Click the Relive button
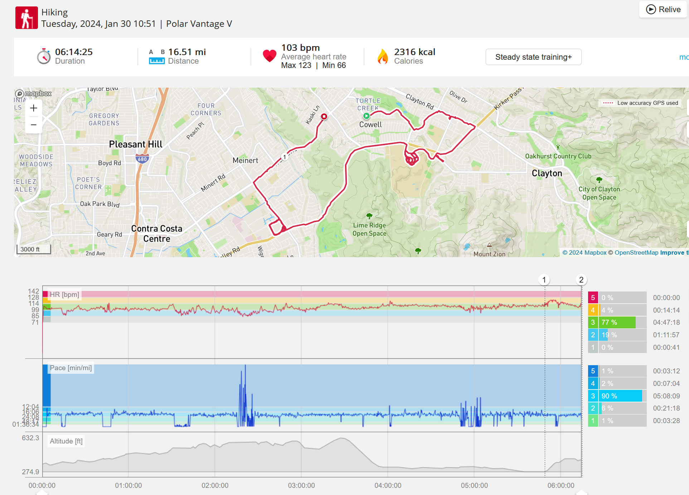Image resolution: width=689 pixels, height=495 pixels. (663, 9)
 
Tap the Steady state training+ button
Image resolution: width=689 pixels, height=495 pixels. (533, 57)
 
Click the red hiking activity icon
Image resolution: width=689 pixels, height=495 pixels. (26, 18)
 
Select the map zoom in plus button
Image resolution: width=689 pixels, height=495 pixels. (34, 108)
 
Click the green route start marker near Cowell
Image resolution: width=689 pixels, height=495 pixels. (367, 116)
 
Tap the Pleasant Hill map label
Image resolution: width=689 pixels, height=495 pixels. (135, 144)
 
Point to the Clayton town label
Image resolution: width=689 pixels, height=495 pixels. (547, 173)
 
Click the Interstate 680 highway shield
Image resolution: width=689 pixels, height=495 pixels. (142, 159)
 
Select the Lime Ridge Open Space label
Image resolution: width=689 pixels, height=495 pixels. (369, 229)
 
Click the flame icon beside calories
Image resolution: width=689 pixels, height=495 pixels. (383, 57)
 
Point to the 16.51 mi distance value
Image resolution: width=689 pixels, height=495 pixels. (187, 52)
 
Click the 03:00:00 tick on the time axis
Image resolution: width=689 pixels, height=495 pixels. (301, 485)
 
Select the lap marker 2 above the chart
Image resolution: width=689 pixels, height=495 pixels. (581, 280)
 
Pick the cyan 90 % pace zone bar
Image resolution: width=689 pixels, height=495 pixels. (621, 396)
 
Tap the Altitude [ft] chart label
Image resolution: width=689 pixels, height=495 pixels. (66, 441)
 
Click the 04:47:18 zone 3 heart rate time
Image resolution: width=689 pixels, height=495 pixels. (666, 322)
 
